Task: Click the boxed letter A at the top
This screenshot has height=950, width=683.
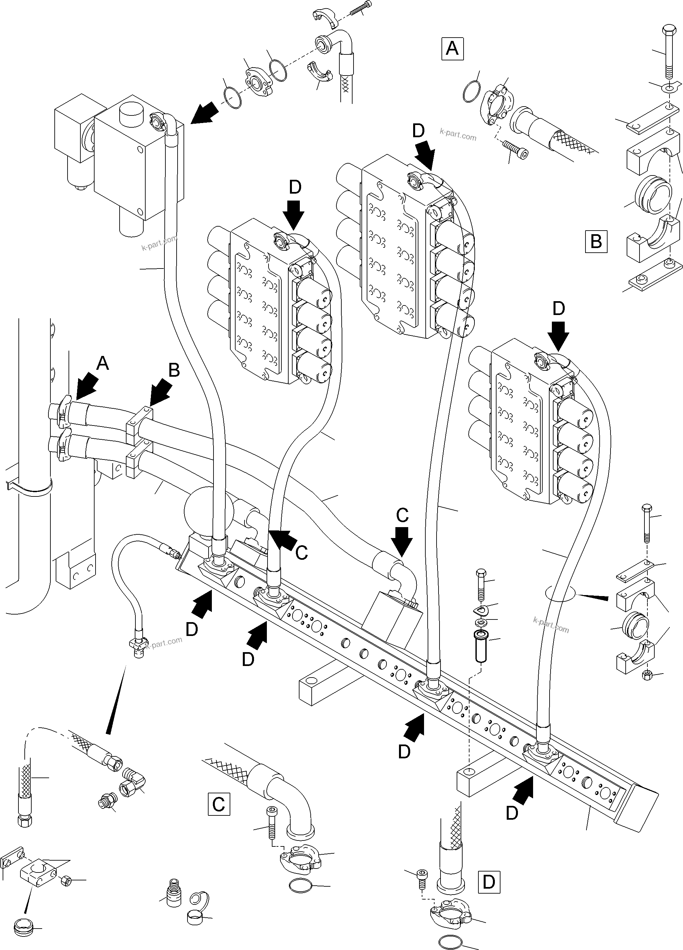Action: pos(452,49)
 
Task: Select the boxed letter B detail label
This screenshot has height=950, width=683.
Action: pos(596,242)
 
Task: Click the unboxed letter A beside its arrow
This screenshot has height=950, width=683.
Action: pos(102,363)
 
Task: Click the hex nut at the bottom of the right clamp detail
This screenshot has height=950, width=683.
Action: pos(646,675)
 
